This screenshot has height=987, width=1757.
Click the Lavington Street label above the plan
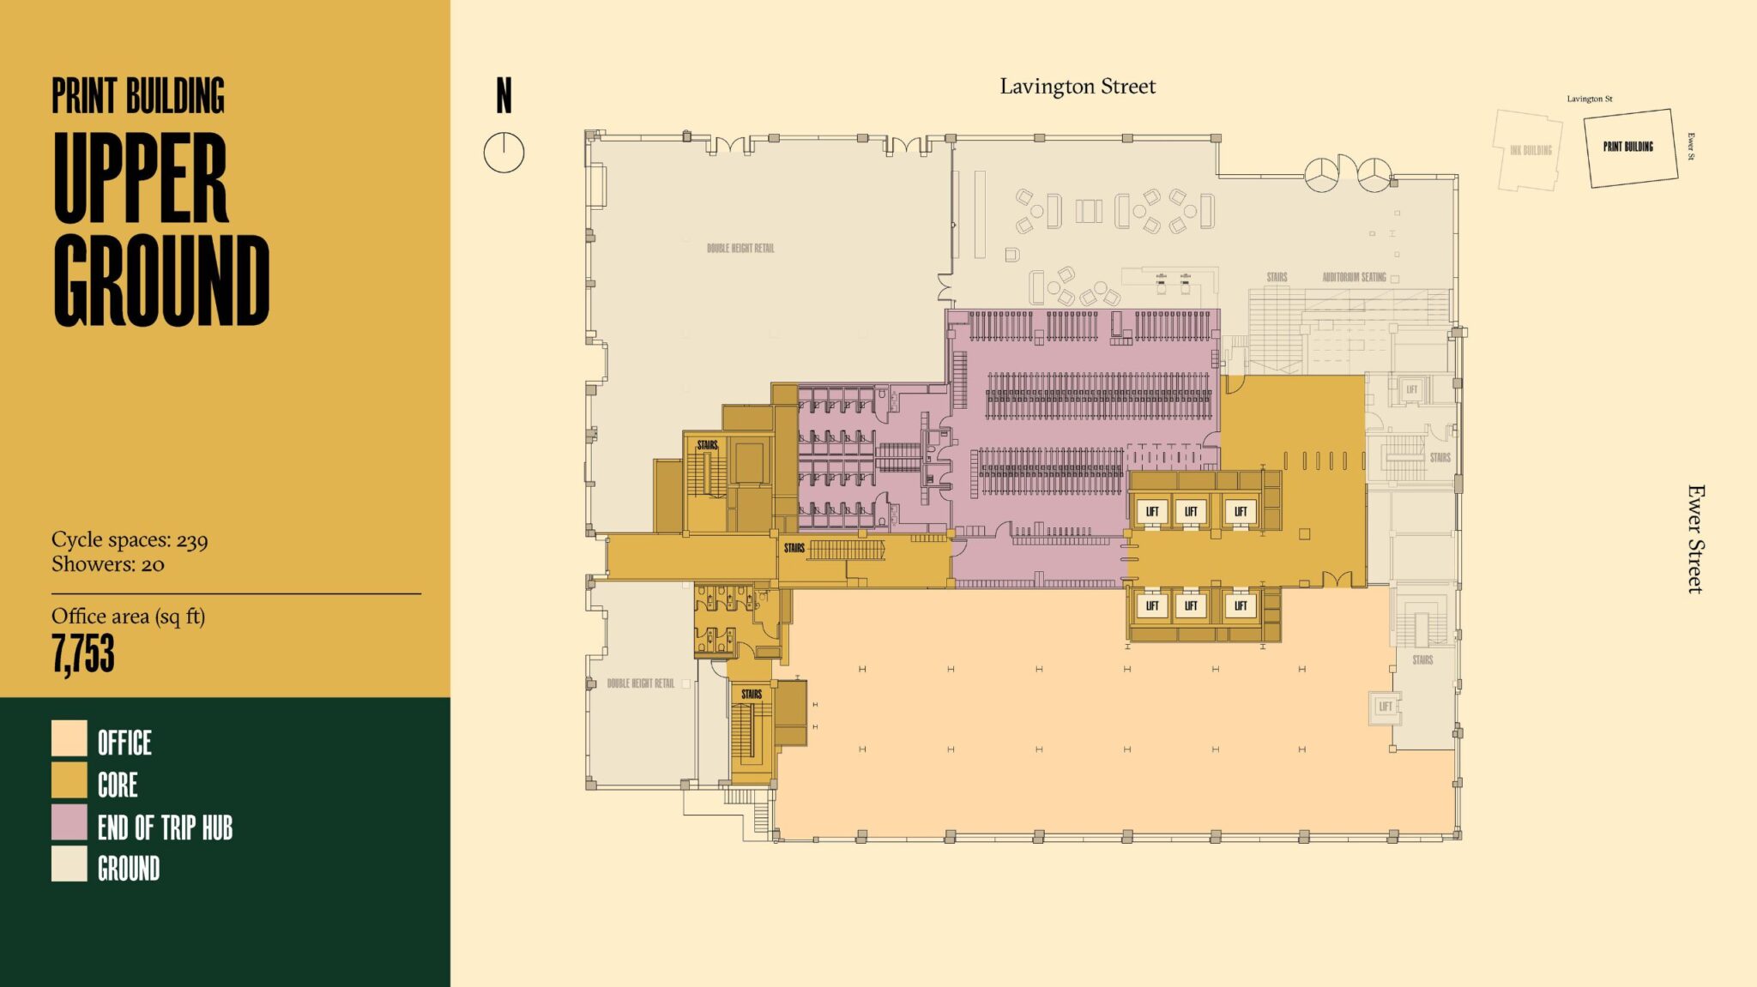(1078, 87)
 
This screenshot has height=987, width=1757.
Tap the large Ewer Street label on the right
(1695, 539)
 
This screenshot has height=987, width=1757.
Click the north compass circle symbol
(504, 153)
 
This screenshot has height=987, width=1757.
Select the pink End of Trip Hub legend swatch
(69, 821)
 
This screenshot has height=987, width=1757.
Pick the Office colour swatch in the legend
(69, 738)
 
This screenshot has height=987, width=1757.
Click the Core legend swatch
(69, 780)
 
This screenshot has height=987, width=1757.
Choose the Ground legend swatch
(69, 864)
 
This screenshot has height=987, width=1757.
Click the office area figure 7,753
(83, 653)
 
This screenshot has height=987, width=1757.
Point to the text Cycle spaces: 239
(130, 540)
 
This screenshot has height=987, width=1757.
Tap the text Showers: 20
(107, 564)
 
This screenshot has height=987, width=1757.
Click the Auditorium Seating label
(1354, 277)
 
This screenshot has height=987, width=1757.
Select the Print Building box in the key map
(1628, 147)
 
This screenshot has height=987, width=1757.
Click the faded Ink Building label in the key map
(1531, 150)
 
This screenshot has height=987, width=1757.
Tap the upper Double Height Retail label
(740, 248)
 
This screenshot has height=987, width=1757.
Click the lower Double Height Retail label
(640, 683)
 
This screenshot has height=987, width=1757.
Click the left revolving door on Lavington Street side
(1322, 174)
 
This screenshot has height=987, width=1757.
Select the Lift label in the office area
(1385, 707)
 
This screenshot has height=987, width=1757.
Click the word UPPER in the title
(141, 178)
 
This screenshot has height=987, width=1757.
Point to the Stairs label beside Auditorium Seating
(1277, 277)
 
